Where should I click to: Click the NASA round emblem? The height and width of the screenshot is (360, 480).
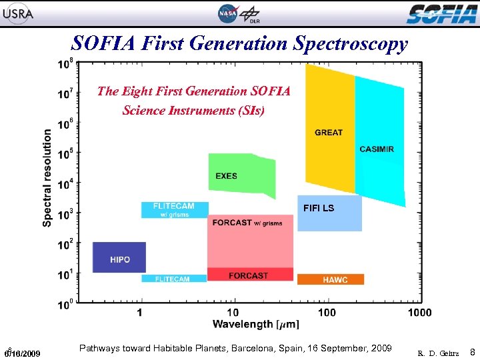pyautogui.click(x=227, y=13)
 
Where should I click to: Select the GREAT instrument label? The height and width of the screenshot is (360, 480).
pyautogui.click(x=329, y=132)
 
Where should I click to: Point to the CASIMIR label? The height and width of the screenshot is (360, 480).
pyautogui.click(x=377, y=149)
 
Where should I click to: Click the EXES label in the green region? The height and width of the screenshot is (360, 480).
pyautogui.click(x=226, y=176)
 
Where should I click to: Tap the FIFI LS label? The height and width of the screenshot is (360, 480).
pyautogui.click(x=319, y=208)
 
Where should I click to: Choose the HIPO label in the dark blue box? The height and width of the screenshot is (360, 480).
pyautogui.click(x=120, y=259)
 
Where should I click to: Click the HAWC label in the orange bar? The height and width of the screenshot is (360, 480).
pyautogui.click(x=335, y=280)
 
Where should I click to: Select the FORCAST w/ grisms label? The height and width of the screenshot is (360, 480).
pyautogui.click(x=247, y=223)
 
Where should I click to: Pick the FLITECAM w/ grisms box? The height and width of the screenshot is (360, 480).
pyautogui.click(x=175, y=209)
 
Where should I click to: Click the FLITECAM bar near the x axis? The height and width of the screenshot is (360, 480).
pyautogui.click(x=173, y=279)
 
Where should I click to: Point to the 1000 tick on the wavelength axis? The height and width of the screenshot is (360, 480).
pyautogui.click(x=419, y=312)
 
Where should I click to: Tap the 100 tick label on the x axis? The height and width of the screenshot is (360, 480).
pyautogui.click(x=327, y=312)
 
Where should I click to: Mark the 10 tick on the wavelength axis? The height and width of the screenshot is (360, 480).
pyautogui.click(x=233, y=312)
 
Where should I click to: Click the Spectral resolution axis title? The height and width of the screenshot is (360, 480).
pyautogui.click(x=48, y=177)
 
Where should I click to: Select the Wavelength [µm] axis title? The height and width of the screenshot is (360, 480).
pyautogui.click(x=255, y=325)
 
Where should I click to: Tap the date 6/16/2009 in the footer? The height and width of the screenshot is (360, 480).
pyautogui.click(x=23, y=353)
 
